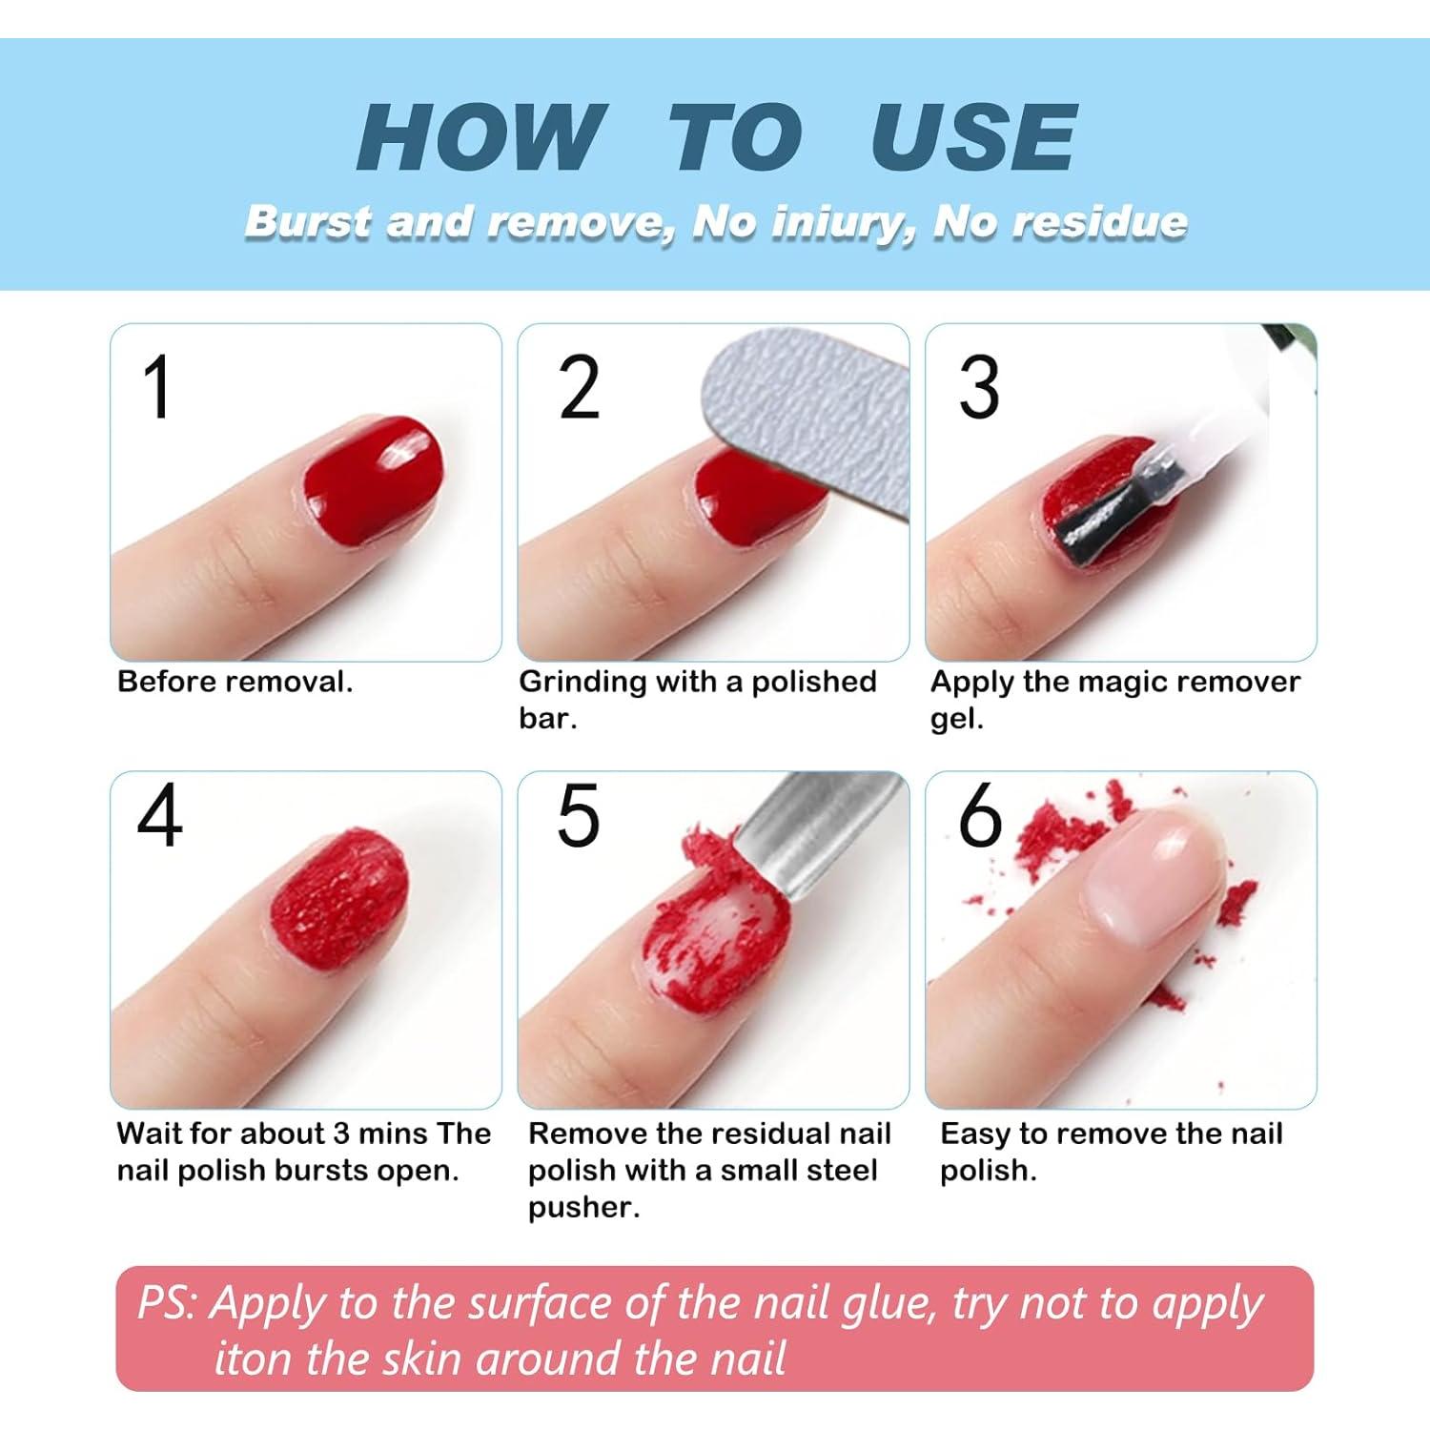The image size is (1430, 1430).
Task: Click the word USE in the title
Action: point(973,137)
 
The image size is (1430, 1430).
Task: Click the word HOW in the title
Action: point(481,137)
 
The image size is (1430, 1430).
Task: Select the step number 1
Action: point(157,387)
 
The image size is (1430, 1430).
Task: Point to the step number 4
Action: point(159,816)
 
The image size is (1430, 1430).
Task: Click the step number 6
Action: point(980,816)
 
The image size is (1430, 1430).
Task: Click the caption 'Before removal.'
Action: point(235,682)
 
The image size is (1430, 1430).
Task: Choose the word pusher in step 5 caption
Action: point(583,1208)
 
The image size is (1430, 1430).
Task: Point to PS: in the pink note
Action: point(167,1303)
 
